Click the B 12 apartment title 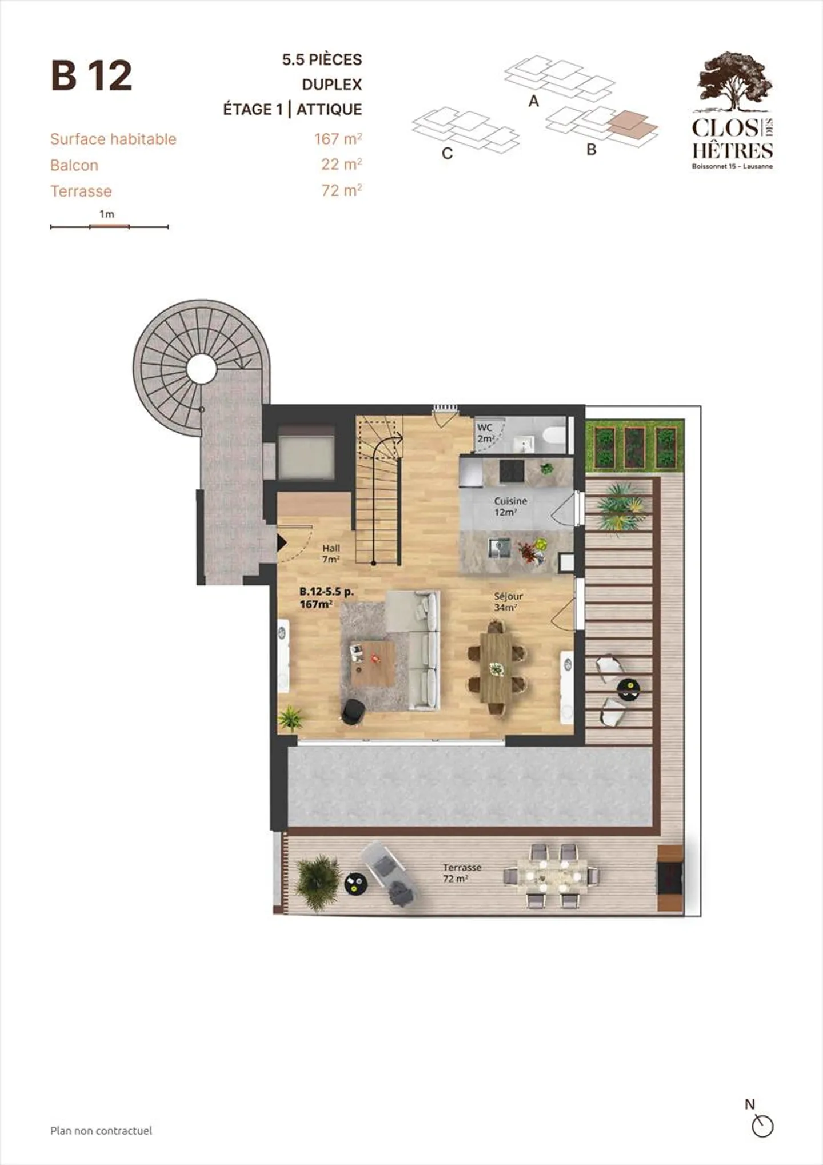click(91, 75)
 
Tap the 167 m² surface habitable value click(338, 138)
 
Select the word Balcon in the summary click(74, 165)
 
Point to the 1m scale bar click(109, 227)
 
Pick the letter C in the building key click(448, 154)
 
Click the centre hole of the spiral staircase click(201, 369)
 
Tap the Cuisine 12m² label click(510, 506)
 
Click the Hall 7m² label click(331, 554)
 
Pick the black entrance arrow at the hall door click(281, 542)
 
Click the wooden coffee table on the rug click(373, 663)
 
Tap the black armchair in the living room click(353, 712)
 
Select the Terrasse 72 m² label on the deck click(462, 873)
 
